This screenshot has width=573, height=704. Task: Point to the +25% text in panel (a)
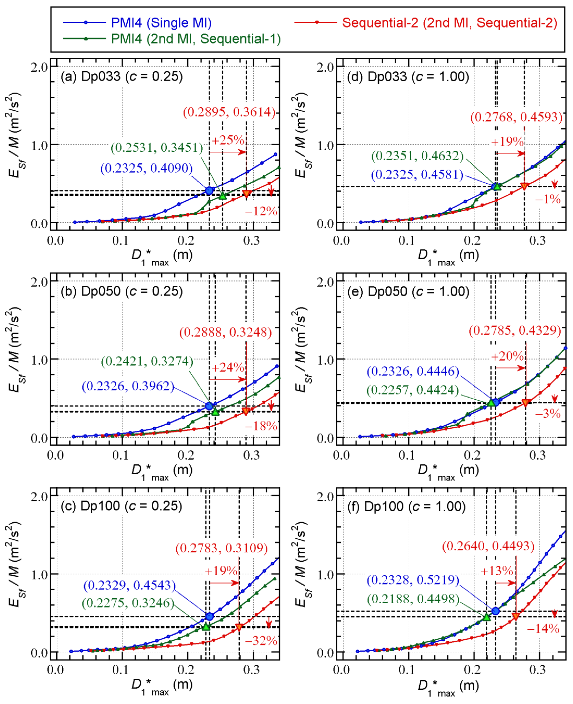point(228,140)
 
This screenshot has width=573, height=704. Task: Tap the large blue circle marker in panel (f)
point(495,611)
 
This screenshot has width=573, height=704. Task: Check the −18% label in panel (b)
point(261,426)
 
